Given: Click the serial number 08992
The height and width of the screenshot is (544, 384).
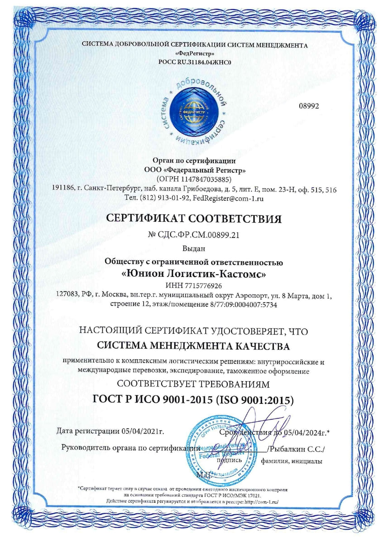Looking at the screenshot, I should pyautogui.click(x=309, y=106).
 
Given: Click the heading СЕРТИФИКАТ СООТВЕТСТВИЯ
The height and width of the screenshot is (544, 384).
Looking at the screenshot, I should pyautogui.click(x=193, y=219).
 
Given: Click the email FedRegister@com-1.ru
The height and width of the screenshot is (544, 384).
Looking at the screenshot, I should pyautogui.click(x=228, y=198).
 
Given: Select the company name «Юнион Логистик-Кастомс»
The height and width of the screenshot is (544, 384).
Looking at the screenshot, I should pyautogui.click(x=193, y=274).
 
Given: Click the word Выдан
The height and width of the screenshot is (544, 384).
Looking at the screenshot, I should pyautogui.click(x=193, y=249).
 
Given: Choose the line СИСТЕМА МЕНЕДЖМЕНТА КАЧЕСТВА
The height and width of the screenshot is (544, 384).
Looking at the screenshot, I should pyautogui.click(x=193, y=347).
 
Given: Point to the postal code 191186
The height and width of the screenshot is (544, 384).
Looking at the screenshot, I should pyautogui.click(x=63, y=189).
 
